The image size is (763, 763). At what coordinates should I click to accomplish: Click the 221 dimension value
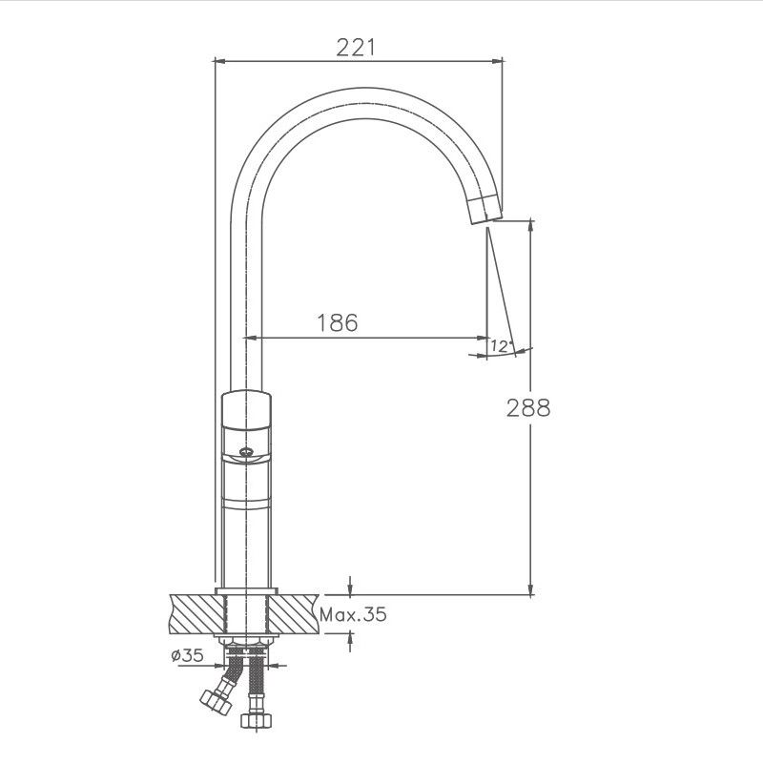click(x=357, y=47)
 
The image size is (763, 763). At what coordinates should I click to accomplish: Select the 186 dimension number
click(x=337, y=323)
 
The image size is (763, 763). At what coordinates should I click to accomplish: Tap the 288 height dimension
click(x=529, y=408)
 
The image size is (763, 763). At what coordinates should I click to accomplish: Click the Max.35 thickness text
click(x=353, y=615)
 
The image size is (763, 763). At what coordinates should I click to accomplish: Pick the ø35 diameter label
click(x=187, y=655)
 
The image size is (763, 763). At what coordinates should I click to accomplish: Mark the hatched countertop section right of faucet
click(x=297, y=613)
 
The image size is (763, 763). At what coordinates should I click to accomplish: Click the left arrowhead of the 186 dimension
click(x=253, y=338)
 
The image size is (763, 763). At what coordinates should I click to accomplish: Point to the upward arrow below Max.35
click(x=352, y=640)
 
